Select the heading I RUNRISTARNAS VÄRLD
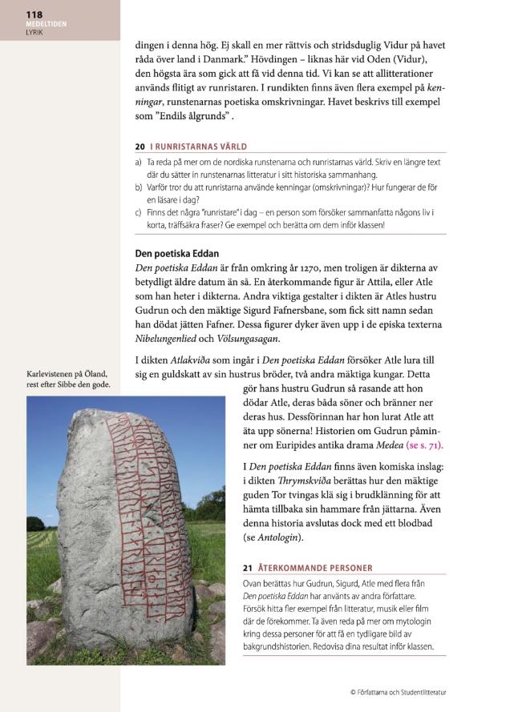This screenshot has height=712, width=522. pyautogui.click(x=198, y=147)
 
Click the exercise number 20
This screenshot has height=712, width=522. pyautogui.click(x=140, y=147)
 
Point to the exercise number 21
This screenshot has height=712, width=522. pyautogui.click(x=247, y=568)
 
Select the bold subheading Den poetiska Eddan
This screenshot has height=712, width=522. pyautogui.click(x=176, y=254)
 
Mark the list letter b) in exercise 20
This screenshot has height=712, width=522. pyautogui.click(x=139, y=187)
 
